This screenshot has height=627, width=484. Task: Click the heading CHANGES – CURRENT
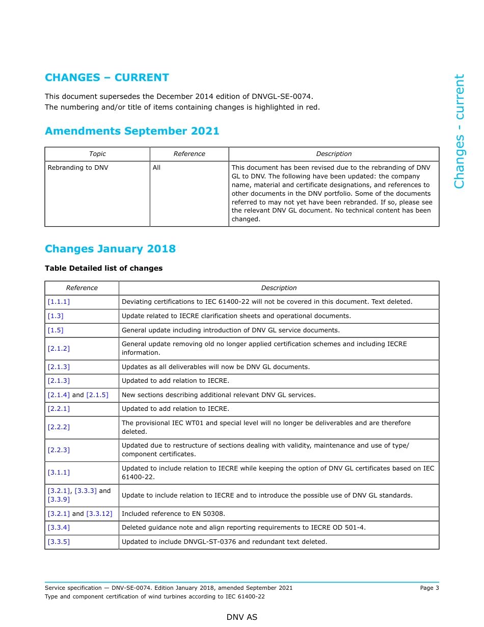click(106, 77)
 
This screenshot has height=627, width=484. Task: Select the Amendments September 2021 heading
click(132, 131)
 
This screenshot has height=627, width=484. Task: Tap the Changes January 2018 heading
click(110, 249)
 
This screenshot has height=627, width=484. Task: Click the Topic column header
click(97, 154)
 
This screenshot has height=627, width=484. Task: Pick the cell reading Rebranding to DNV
click(78, 168)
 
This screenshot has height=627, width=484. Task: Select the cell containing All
click(156, 168)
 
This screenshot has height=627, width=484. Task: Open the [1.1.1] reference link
click(59, 302)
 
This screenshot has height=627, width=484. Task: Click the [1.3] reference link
click(56, 316)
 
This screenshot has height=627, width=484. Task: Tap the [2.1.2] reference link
click(59, 349)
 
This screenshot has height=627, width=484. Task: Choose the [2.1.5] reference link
click(97, 395)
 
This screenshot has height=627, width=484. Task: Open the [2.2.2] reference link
click(59, 427)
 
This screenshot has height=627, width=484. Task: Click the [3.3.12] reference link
click(99, 514)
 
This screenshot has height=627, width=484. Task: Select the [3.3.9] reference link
click(59, 500)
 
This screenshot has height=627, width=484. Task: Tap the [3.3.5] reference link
click(59, 542)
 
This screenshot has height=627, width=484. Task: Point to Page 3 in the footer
click(429, 588)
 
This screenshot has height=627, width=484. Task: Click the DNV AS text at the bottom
click(242, 617)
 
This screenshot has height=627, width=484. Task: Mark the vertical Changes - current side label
click(459, 131)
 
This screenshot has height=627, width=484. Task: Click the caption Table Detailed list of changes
click(103, 268)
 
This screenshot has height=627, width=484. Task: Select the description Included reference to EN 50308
click(173, 514)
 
